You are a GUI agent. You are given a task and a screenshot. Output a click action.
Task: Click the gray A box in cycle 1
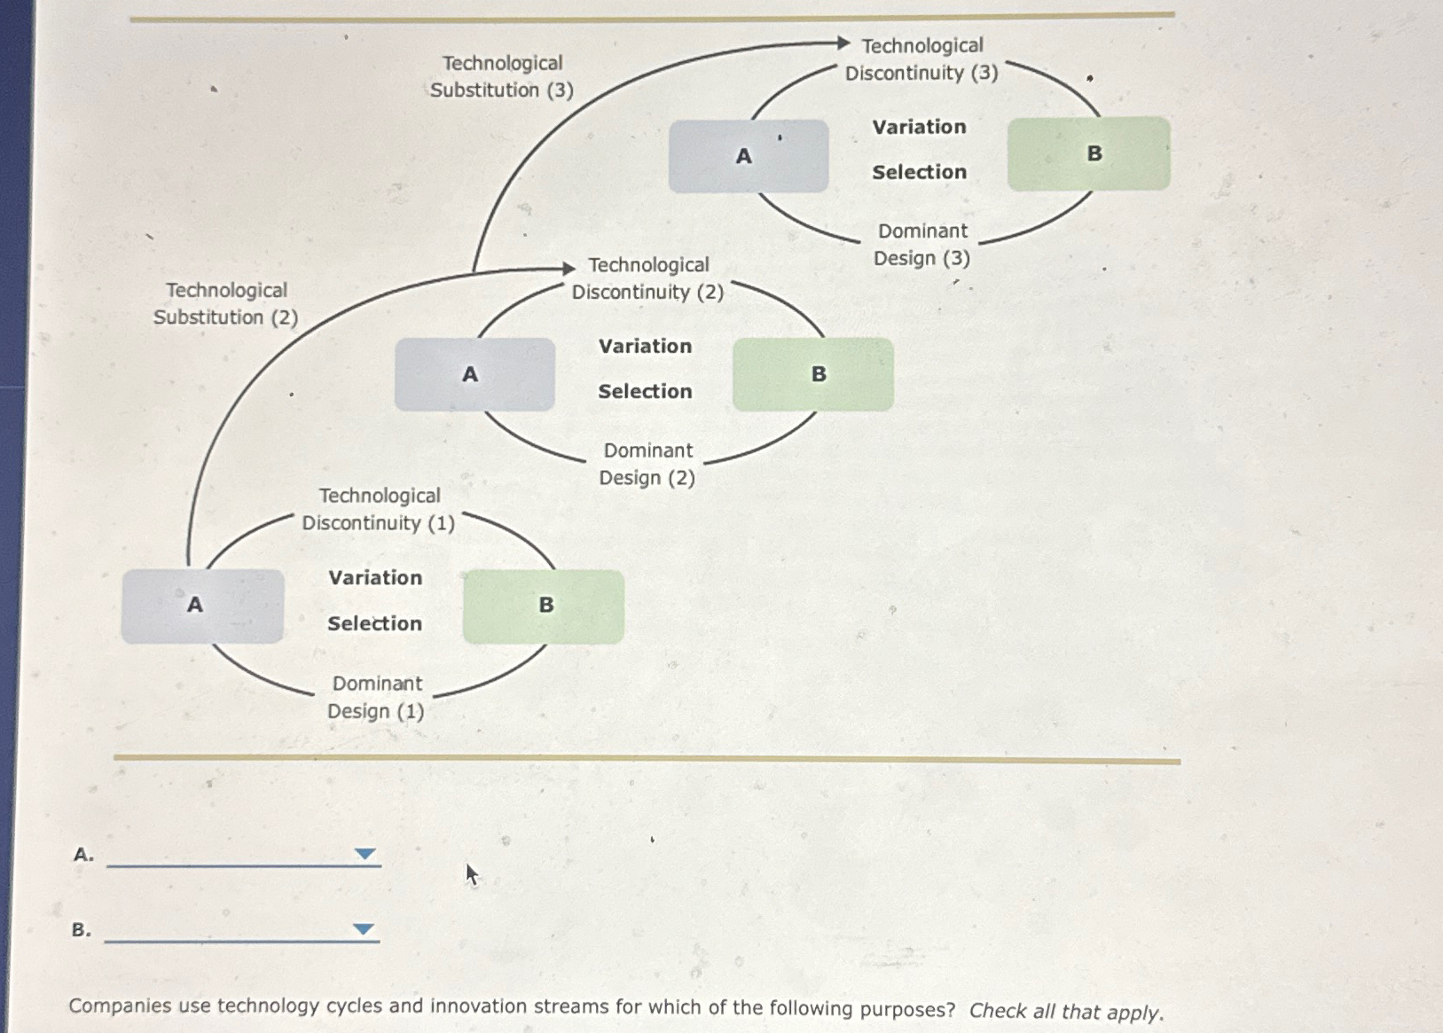[x=202, y=606]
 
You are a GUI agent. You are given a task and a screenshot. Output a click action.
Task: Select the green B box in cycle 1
[x=544, y=606]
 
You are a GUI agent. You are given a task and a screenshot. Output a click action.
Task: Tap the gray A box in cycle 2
[x=474, y=374]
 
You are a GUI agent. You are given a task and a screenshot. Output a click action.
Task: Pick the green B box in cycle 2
[x=812, y=374]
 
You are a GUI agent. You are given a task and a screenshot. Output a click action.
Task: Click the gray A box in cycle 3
[x=749, y=156]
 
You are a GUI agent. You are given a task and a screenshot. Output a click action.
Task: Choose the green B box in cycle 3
[x=1088, y=153]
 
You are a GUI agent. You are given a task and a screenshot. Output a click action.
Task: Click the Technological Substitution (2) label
[x=226, y=304]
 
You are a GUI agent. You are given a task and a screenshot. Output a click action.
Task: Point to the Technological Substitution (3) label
[x=502, y=76]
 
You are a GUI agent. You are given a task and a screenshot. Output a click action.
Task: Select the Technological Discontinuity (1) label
[x=379, y=509]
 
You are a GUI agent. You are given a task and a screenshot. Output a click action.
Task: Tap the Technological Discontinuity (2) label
[x=648, y=278]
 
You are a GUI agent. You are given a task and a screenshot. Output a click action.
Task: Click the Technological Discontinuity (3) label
[x=921, y=59]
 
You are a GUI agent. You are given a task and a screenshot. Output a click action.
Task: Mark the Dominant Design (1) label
[x=376, y=697]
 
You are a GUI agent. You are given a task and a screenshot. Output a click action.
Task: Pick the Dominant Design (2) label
[x=647, y=464]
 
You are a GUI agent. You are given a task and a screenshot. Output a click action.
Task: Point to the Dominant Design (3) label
[x=922, y=245]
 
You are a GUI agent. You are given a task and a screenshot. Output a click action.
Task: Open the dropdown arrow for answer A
[x=365, y=854]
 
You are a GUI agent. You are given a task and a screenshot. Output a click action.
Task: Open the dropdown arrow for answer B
[x=363, y=929]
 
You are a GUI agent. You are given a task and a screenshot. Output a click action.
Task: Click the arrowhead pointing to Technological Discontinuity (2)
[x=569, y=268]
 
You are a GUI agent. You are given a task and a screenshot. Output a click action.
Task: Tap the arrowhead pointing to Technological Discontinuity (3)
[x=843, y=43]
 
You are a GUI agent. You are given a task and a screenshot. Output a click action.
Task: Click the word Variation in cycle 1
[x=375, y=578]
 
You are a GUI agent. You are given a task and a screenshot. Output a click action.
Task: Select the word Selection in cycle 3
[x=919, y=172]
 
